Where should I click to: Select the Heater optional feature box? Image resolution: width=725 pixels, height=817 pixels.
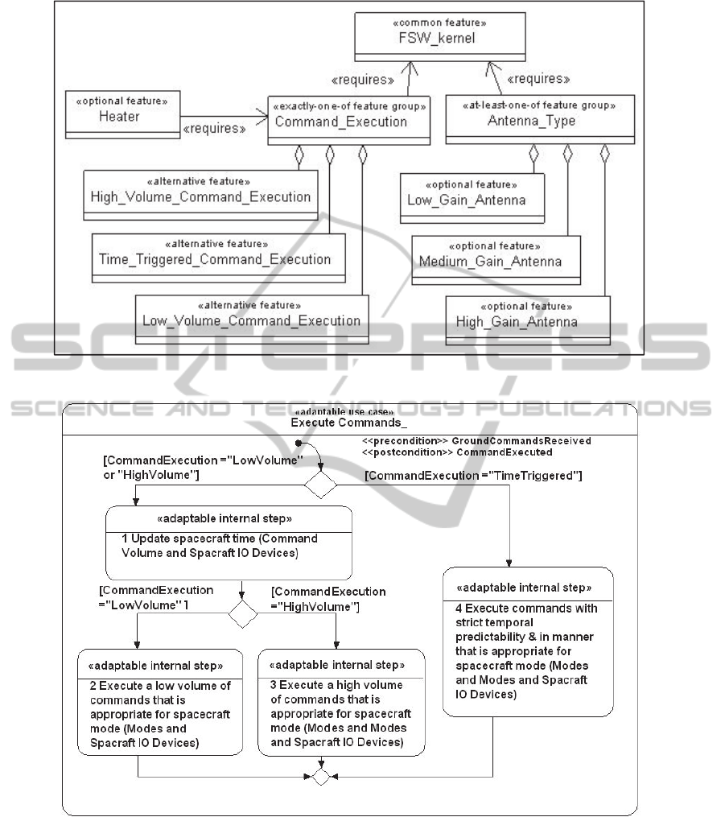click(x=121, y=115)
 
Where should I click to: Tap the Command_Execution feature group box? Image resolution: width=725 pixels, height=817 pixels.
click(x=347, y=120)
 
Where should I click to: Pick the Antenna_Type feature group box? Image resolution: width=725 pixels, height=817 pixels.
click(x=528, y=120)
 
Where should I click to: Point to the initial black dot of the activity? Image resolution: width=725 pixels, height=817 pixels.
click(x=299, y=444)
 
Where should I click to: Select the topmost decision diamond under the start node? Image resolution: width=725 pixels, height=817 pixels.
click(x=319, y=485)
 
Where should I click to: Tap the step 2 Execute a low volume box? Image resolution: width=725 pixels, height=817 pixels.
click(x=160, y=701)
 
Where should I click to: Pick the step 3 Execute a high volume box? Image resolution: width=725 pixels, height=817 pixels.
click(x=341, y=702)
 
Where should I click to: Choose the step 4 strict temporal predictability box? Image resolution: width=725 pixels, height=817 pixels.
click(x=528, y=642)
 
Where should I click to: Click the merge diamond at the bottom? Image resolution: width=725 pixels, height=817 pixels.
click(x=320, y=778)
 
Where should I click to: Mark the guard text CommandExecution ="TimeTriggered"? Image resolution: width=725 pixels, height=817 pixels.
click(x=473, y=476)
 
